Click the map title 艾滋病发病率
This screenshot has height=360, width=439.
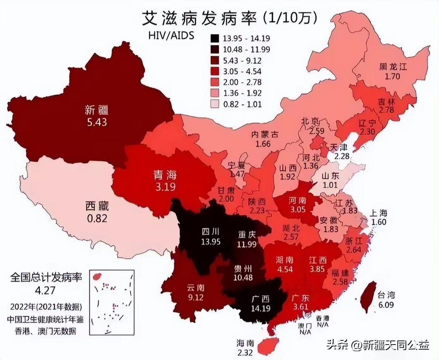pyautogui.click(x=199, y=18)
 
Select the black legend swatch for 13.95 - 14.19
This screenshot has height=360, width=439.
pyautogui.click(x=215, y=38)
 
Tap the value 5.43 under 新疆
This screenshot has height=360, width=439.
pyautogui.click(x=97, y=122)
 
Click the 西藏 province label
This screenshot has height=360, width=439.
pyautogui.click(x=97, y=206)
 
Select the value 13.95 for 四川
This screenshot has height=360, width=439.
pyautogui.click(x=211, y=242)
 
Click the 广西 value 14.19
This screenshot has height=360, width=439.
pyautogui.click(x=260, y=308)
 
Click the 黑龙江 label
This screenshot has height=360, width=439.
pyautogui.click(x=393, y=66)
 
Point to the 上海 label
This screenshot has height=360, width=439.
pyautogui.click(x=379, y=213)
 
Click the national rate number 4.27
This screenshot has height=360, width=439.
pyautogui.click(x=45, y=290)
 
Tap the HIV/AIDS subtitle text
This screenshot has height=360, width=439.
pyautogui.click(x=171, y=35)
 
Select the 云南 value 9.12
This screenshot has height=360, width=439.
pyautogui.click(x=195, y=297)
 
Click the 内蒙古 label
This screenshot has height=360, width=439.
pyautogui.click(x=265, y=135)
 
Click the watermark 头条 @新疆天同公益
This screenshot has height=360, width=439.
pyautogui.click(x=378, y=344)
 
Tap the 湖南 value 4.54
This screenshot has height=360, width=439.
pyautogui.click(x=285, y=269)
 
